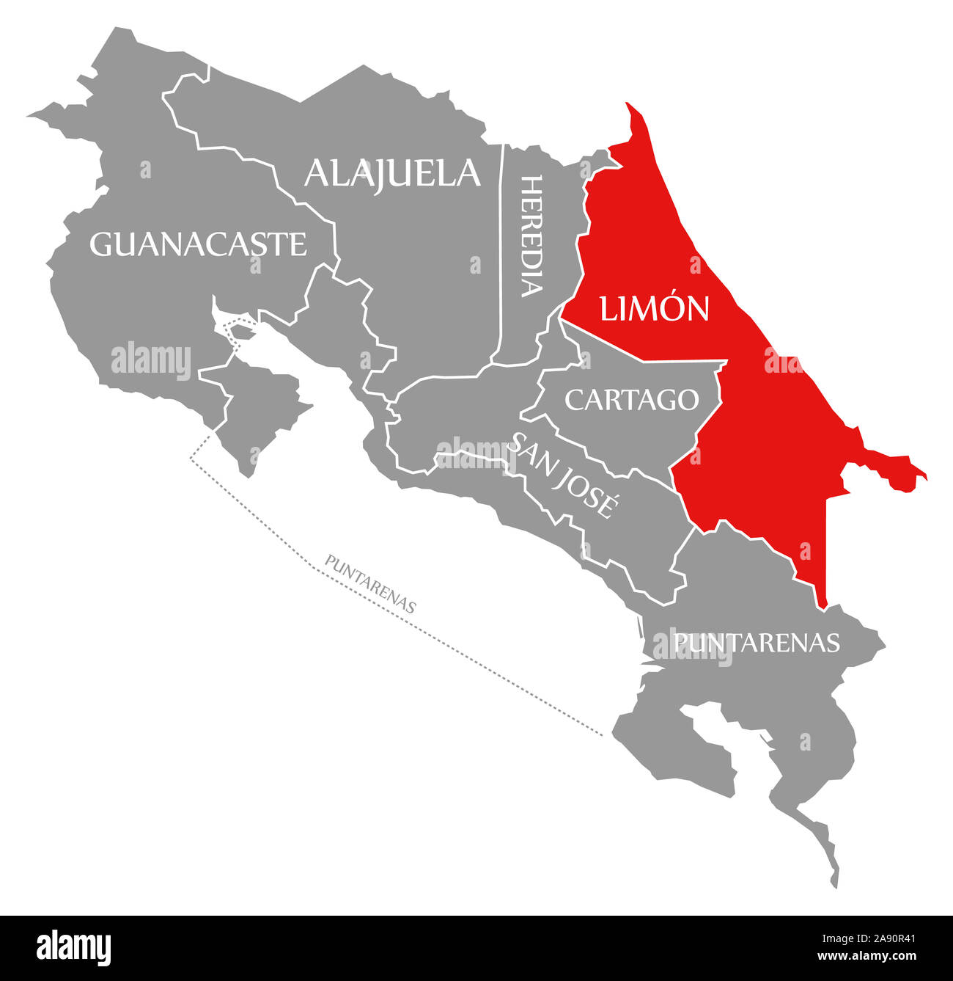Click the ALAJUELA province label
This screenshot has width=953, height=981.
click(x=392, y=173)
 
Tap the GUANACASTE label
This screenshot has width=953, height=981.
click(x=198, y=244)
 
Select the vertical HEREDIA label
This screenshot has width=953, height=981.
click(x=532, y=236)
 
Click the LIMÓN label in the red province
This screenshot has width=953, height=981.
click(x=654, y=308)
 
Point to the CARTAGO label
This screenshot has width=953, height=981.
click(x=631, y=399)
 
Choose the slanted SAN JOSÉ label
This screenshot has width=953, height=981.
click(x=563, y=473)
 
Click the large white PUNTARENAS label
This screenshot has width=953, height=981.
click(x=756, y=642)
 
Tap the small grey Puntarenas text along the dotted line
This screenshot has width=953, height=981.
click(x=371, y=584)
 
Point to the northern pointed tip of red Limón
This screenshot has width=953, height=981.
click(x=628, y=106)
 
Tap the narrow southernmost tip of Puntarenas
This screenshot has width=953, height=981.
click(x=834, y=880)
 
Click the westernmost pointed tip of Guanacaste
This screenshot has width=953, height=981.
click(x=32, y=116)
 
